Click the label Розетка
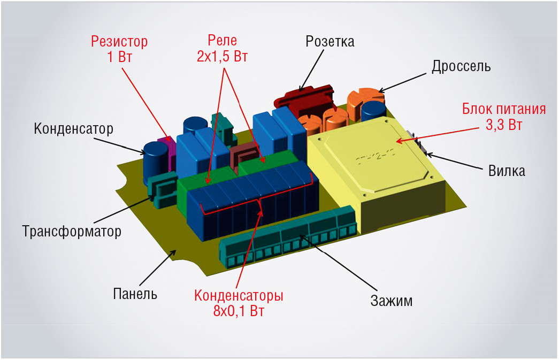(x=330, y=42)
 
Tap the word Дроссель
(x=461, y=66)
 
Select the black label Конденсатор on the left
(x=73, y=129)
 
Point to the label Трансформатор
(x=72, y=231)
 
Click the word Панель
(x=135, y=294)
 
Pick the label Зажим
(x=392, y=301)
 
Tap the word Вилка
(x=507, y=171)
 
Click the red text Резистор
(x=119, y=42)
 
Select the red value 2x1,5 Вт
(x=222, y=57)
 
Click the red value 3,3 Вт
(x=504, y=125)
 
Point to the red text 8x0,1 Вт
(x=239, y=311)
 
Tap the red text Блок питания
(x=504, y=109)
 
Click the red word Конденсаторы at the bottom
(x=239, y=295)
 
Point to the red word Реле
(x=222, y=41)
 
